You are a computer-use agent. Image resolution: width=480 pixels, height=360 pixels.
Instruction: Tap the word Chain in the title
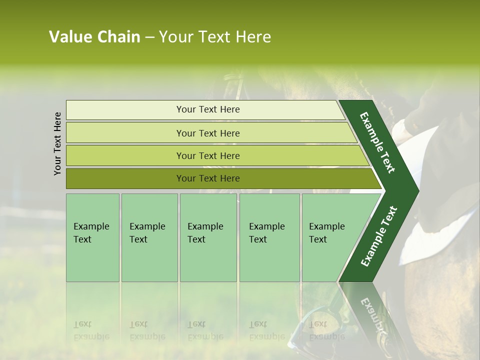(119, 37)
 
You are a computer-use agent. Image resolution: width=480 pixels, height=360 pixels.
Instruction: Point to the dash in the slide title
(149, 37)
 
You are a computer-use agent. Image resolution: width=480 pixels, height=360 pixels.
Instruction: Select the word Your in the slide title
(176, 37)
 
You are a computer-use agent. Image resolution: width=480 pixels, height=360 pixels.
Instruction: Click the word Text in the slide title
(215, 37)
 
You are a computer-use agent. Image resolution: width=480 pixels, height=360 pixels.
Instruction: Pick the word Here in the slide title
(253, 37)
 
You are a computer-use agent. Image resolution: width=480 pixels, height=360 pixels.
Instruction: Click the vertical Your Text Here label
(57, 143)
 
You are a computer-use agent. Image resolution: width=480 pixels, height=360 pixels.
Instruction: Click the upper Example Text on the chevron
(377, 142)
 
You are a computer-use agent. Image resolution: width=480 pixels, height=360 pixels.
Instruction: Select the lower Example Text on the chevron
(379, 236)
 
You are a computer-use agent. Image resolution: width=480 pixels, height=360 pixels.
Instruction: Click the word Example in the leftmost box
(91, 226)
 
